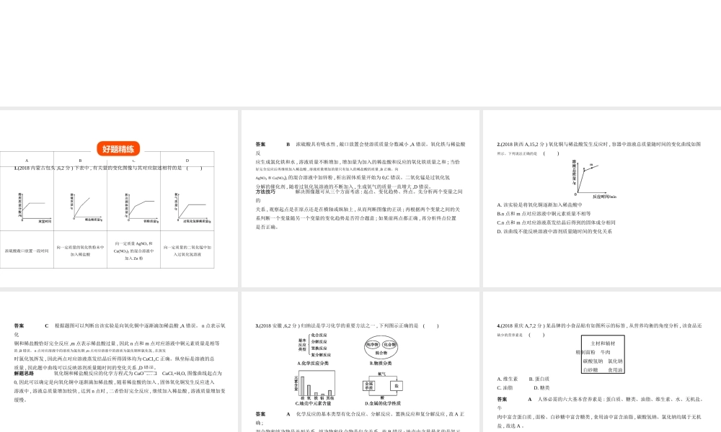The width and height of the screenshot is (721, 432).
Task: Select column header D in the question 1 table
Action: (187, 161)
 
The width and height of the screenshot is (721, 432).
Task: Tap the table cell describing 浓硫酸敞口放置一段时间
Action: (27, 251)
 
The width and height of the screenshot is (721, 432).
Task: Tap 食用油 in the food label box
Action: (615, 370)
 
